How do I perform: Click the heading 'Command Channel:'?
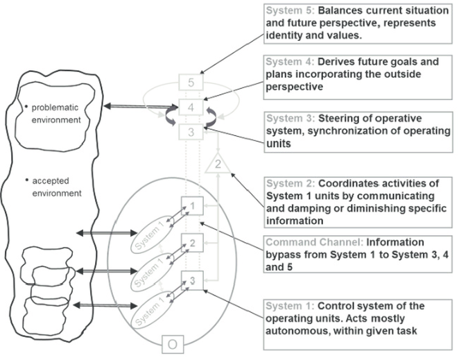pos(302,243)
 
